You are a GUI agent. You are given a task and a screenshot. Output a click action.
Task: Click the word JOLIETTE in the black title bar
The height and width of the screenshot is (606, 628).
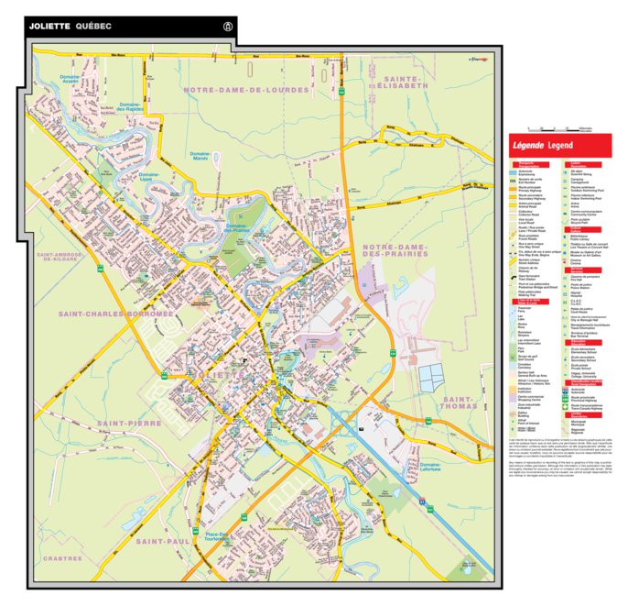click(x=49, y=26)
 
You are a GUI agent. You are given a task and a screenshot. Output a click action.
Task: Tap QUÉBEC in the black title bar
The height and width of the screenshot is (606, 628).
click(x=94, y=26)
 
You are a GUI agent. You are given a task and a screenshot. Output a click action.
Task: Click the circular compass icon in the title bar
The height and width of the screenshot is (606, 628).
click(x=228, y=27)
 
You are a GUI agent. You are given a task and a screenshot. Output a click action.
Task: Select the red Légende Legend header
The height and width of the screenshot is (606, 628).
click(x=559, y=146)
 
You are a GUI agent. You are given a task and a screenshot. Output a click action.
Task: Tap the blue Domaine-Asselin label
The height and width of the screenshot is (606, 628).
click(x=64, y=79)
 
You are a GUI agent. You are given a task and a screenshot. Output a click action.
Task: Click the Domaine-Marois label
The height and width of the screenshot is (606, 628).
click(x=199, y=156)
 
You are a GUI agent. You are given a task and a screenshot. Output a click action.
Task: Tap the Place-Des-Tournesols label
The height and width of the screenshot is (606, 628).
click(x=224, y=537)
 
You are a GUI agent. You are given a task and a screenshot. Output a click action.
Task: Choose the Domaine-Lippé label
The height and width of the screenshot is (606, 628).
click(x=149, y=176)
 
